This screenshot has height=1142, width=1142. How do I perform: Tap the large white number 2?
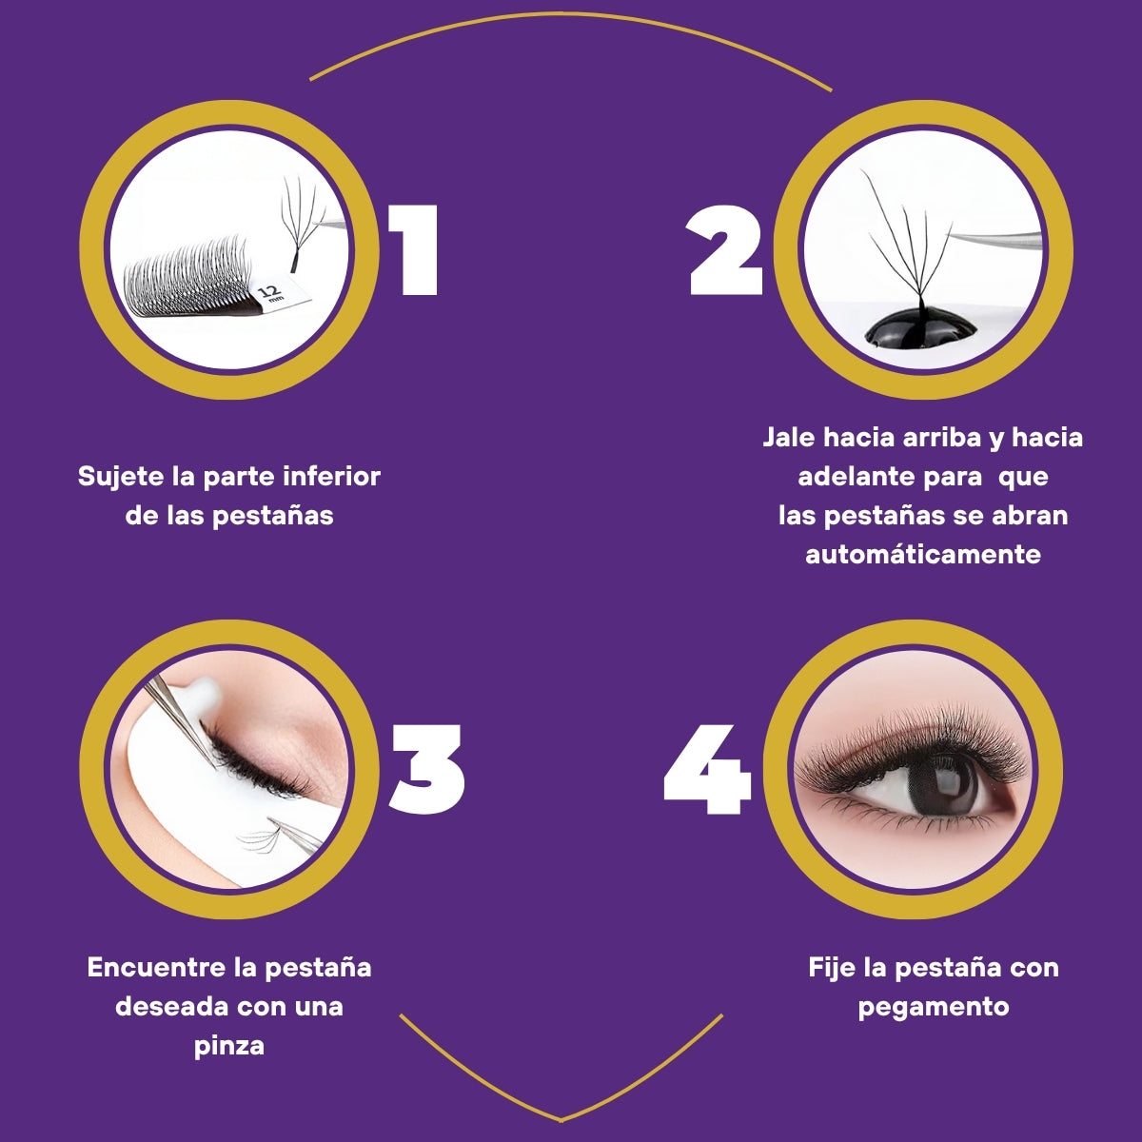pos(725,250)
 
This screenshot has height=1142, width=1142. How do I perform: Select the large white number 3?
pos(426,768)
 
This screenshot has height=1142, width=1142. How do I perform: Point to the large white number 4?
pos(708,769)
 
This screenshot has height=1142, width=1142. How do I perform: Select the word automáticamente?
pos(923,555)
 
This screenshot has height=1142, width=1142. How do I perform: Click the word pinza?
pos(228,1047)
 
